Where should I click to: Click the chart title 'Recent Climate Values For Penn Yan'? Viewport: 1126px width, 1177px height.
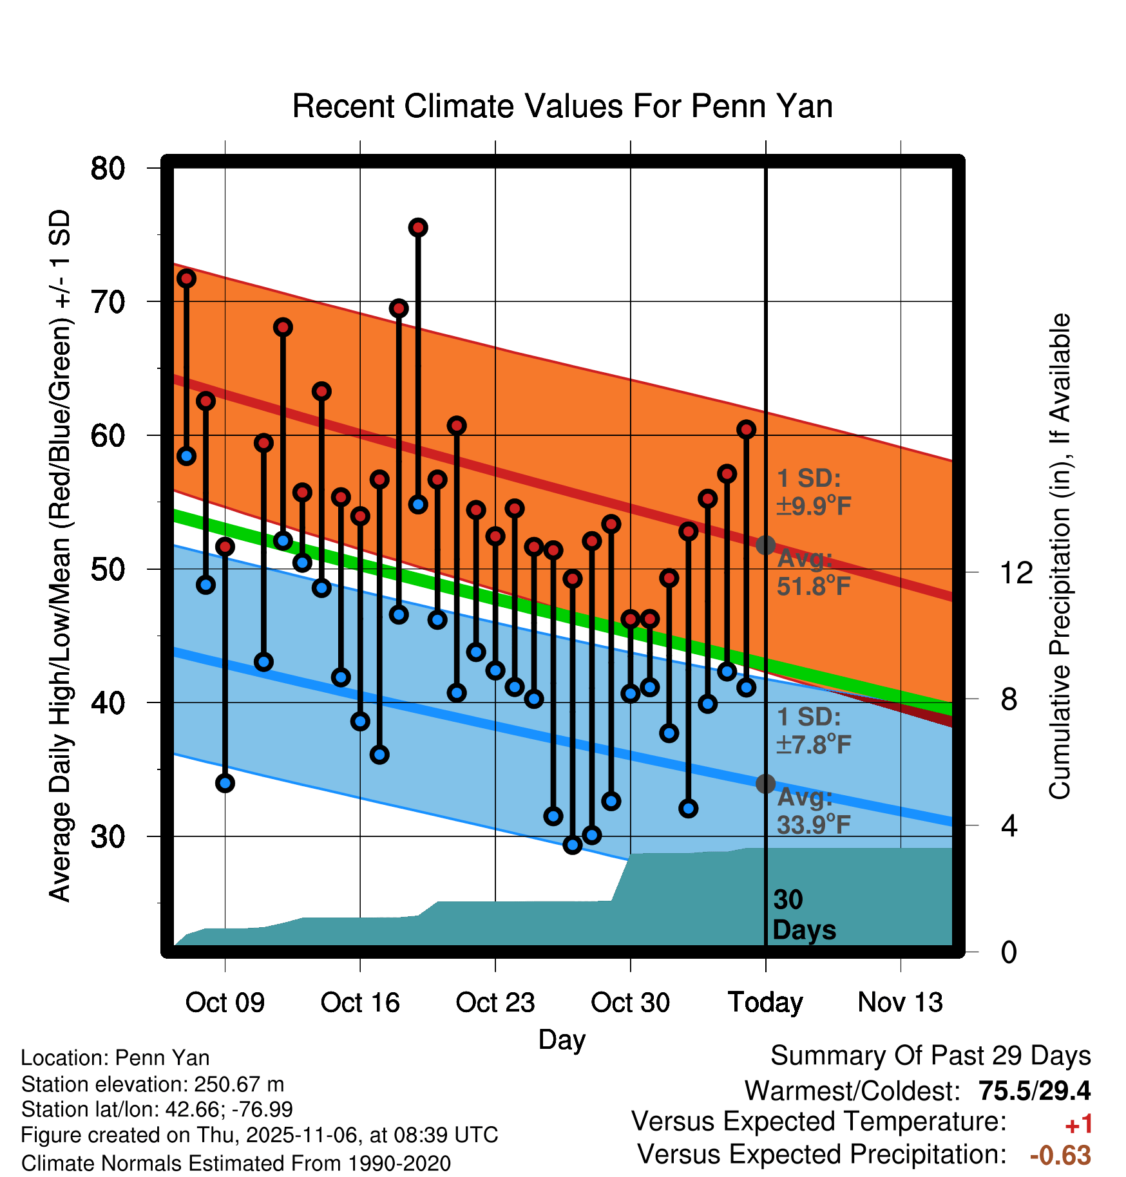(x=562, y=106)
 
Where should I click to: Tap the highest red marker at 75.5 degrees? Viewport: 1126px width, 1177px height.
(x=418, y=227)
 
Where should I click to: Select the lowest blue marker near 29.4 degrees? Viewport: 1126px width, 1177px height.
(x=573, y=845)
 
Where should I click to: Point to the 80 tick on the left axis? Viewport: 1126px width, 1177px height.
(x=108, y=169)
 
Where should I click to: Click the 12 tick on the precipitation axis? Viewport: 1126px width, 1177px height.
(x=1016, y=572)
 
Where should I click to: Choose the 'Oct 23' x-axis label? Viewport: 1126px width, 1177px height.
(x=495, y=1003)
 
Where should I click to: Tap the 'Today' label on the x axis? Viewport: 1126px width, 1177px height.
(x=765, y=1003)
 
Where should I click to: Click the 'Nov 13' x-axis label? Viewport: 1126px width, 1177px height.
(x=900, y=1003)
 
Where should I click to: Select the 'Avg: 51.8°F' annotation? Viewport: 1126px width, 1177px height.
(x=813, y=572)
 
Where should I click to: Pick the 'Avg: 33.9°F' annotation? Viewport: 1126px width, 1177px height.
(x=813, y=811)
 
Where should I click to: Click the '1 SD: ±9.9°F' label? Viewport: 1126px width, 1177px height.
(x=813, y=492)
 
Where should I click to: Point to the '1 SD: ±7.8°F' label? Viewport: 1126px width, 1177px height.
(x=813, y=731)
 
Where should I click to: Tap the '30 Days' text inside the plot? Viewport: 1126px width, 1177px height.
(x=803, y=915)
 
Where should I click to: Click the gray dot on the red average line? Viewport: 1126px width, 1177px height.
(x=765, y=545)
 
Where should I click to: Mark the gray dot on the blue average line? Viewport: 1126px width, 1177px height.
(x=765, y=784)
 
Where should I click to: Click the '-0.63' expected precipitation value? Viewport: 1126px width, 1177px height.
(x=1060, y=1155)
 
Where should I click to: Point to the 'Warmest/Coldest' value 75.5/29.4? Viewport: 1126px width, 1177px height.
(x=1034, y=1091)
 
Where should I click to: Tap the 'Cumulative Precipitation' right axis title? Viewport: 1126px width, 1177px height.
(x=1060, y=557)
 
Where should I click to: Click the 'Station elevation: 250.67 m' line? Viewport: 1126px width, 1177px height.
(x=153, y=1084)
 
